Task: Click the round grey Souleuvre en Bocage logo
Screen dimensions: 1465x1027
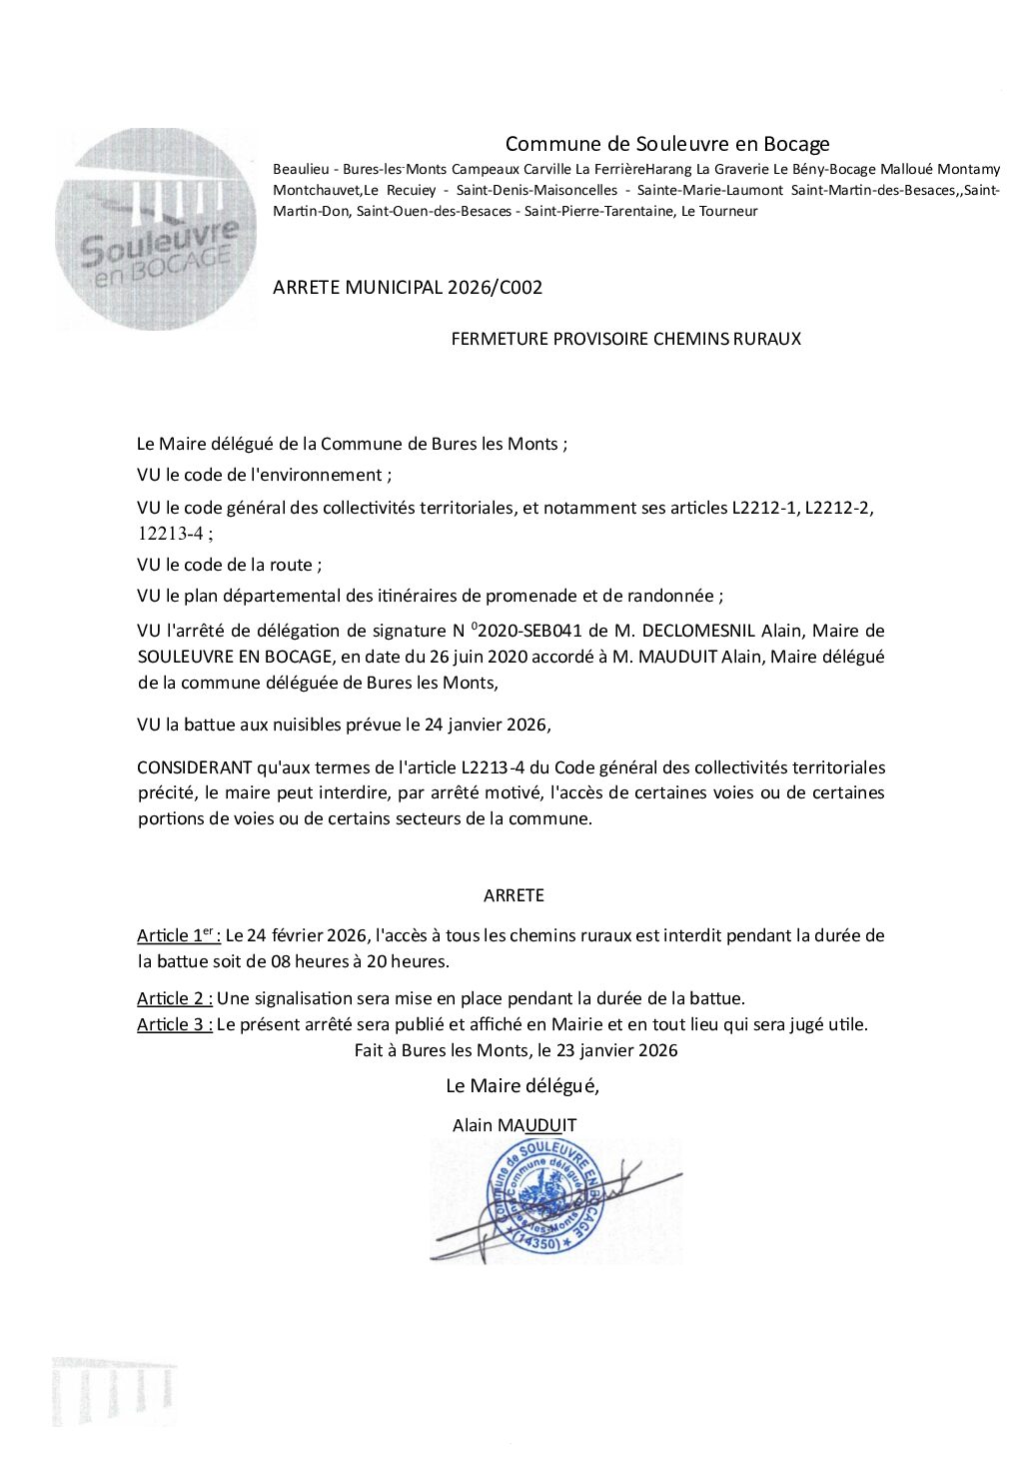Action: point(156,229)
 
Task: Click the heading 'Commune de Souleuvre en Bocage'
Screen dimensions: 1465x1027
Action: point(666,144)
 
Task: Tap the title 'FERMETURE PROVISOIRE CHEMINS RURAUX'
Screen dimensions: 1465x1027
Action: point(625,339)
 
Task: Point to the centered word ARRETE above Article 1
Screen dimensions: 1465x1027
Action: point(513,895)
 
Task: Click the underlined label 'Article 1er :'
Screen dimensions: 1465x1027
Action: point(179,936)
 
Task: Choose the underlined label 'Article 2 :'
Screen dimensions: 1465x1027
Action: point(175,998)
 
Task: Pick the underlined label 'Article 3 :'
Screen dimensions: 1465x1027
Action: point(175,1024)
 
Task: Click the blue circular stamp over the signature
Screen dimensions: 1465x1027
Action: point(543,1196)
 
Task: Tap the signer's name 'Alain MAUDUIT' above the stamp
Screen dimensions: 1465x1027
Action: point(514,1125)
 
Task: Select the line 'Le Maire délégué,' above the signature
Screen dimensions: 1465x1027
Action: point(522,1085)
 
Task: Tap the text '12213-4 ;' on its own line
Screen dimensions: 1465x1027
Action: point(175,534)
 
